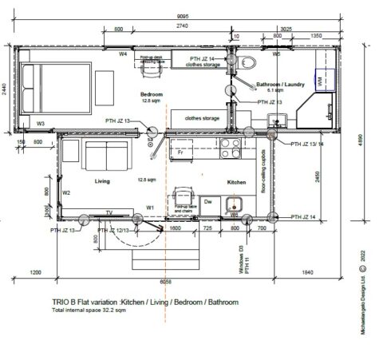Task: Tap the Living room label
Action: coord(102,181)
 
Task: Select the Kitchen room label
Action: coord(237,182)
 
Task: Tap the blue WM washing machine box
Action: coord(319,81)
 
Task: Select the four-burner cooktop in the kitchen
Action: coord(231,148)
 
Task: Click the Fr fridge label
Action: coord(181,150)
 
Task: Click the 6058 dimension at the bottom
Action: coord(165,281)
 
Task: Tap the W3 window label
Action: coord(40,124)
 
